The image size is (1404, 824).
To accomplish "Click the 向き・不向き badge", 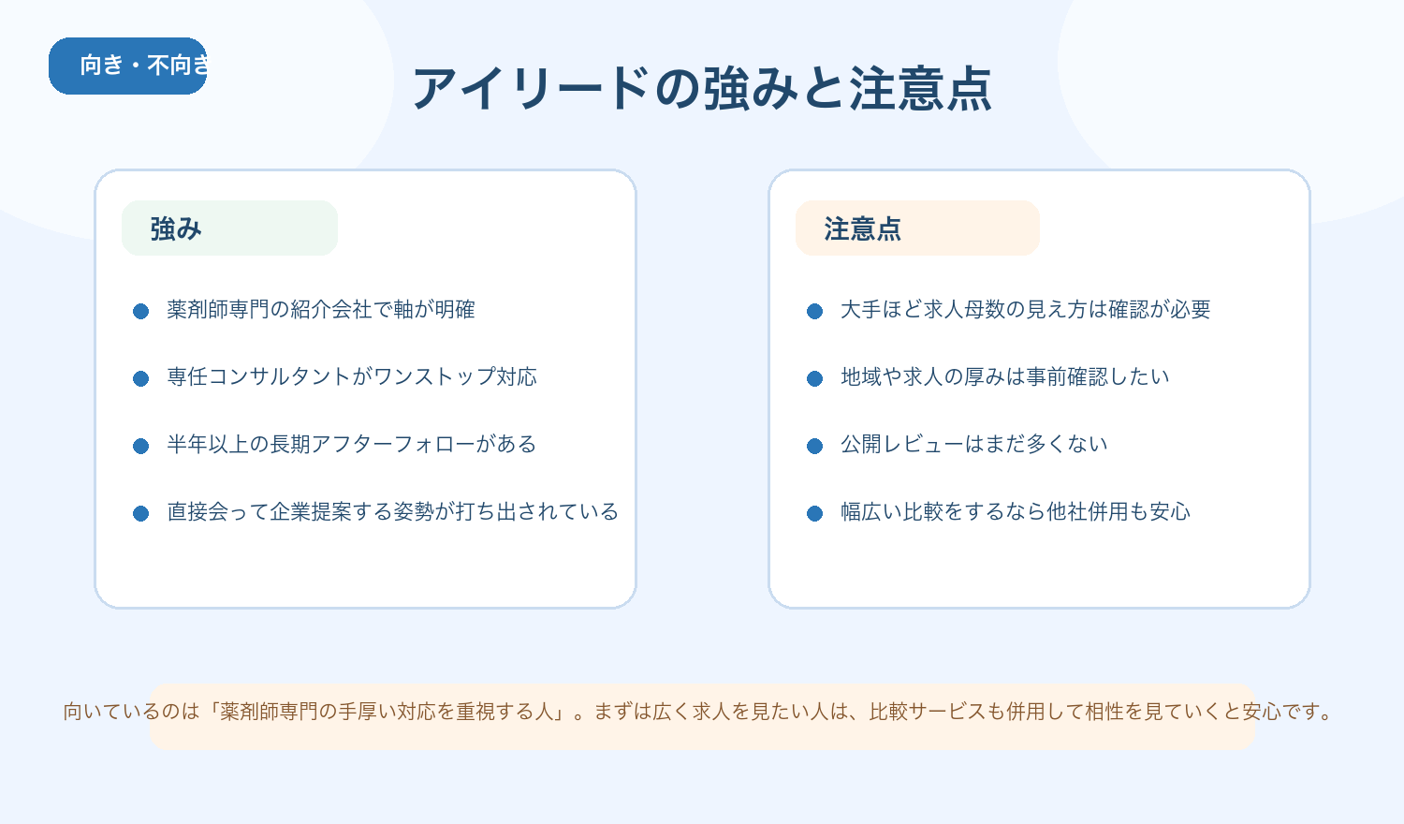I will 128,66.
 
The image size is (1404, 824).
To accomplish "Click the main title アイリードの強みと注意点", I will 702,89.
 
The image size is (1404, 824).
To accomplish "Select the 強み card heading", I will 176,228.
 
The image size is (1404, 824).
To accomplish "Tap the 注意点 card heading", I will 862,228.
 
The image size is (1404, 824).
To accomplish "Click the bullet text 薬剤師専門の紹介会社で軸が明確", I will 321,310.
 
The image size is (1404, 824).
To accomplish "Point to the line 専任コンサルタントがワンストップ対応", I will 352,377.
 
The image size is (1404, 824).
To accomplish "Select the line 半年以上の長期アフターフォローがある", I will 352,445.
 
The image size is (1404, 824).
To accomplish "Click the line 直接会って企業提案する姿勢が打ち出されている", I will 393,512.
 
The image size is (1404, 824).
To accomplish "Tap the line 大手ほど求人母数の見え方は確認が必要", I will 1026,310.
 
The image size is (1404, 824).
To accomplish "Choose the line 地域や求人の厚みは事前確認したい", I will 1005,377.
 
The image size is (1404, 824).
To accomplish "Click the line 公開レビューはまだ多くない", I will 974,445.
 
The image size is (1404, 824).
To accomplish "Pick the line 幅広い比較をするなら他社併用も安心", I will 1016,512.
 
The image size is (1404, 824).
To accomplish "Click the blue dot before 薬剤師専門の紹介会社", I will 141,311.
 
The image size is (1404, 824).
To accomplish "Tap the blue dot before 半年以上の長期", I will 141,446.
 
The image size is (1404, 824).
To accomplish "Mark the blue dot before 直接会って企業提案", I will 141,513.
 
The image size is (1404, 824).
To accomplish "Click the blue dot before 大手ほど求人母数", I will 815,311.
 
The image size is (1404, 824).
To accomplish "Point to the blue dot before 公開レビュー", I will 815,446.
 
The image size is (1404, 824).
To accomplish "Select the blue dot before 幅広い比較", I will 815,513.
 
